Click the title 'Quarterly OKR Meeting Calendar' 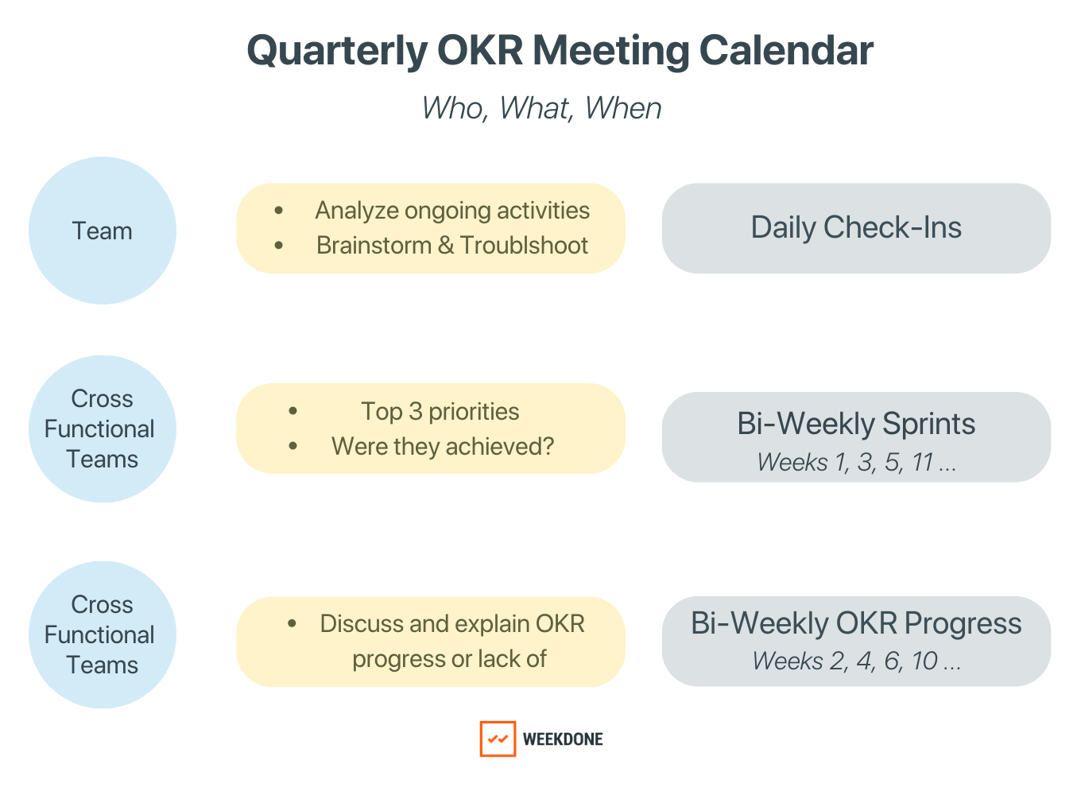[x=560, y=50]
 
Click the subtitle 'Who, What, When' [x=541, y=108]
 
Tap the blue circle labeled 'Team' [x=103, y=231]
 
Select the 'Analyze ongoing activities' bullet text [x=452, y=211]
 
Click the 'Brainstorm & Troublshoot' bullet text [x=452, y=246]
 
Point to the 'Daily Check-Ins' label [x=856, y=227]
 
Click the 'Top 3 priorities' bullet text [x=440, y=412]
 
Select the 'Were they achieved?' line [x=443, y=447]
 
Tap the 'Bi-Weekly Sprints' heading [x=856, y=424]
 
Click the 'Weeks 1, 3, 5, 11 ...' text [x=856, y=462]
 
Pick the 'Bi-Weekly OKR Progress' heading [x=856, y=623]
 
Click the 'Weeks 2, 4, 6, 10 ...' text [x=856, y=661]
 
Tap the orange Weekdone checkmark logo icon [x=498, y=739]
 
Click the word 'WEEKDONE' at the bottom [x=563, y=739]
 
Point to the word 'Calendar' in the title [x=786, y=50]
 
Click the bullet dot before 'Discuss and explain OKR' [x=293, y=624]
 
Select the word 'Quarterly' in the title [x=337, y=50]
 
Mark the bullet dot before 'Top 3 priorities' [x=293, y=412]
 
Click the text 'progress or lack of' [x=449, y=659]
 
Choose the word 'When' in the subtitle [x=623, y=108]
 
